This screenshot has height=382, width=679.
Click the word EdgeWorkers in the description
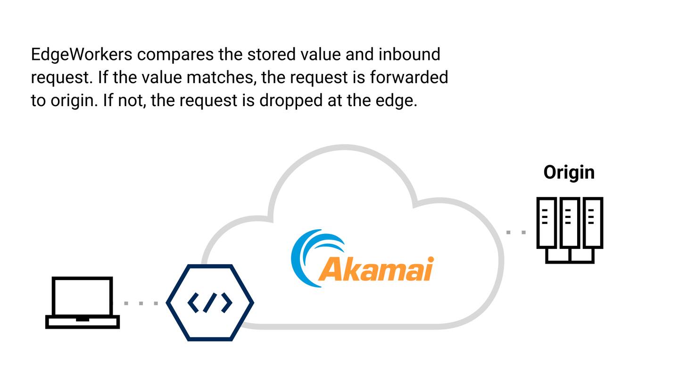tap(81, 55)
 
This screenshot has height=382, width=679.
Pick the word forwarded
tap(408, 77)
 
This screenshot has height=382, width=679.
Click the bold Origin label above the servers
tap(569, 172)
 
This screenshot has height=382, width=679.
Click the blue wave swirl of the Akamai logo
tap(306, 255)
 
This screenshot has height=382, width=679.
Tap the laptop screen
tap(83, 296)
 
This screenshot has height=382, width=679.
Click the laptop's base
tap(83, 322)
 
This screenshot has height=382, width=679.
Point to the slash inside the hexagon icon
tap(210, 303)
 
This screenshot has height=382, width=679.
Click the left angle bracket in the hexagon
tap(194, 303)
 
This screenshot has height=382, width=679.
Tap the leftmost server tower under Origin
tap(546, 223)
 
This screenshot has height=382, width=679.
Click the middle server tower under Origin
tap(569, 223)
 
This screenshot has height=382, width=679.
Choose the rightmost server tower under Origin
tap(593, 223)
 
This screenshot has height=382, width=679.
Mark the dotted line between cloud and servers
tap(516, 232)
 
